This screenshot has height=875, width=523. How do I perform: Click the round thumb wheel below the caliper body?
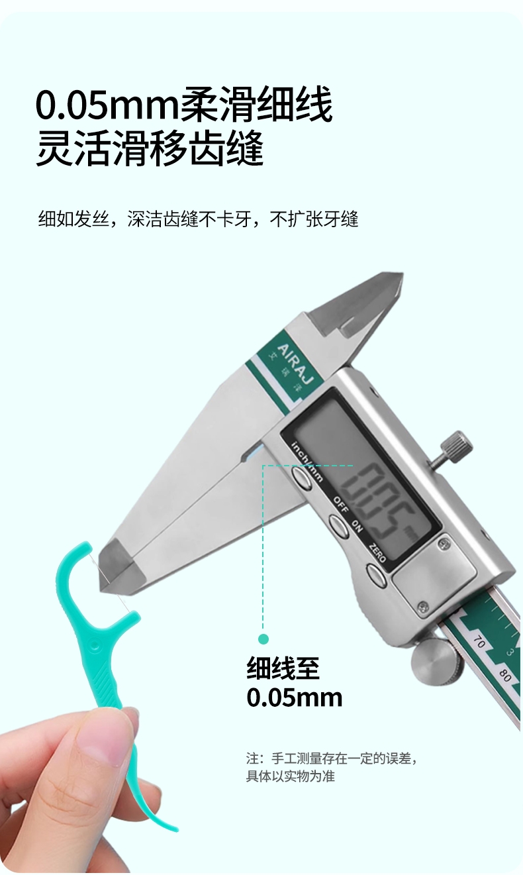pos(434,663)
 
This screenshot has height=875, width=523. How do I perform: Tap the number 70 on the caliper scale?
pos(479,643)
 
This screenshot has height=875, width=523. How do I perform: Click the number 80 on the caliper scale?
pos(504,676)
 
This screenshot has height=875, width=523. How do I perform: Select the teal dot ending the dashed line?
pos(263,639)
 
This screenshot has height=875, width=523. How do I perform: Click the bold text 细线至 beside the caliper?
pos(283,668)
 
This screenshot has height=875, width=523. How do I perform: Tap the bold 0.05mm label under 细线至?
pos(295,697)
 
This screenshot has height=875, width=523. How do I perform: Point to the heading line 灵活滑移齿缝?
pos(150,149)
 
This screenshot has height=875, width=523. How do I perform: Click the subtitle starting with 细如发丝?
pos(198,219)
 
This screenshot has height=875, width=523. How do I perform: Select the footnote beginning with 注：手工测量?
pos(332,767)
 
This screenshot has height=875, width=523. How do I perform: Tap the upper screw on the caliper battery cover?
pos(443,542)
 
